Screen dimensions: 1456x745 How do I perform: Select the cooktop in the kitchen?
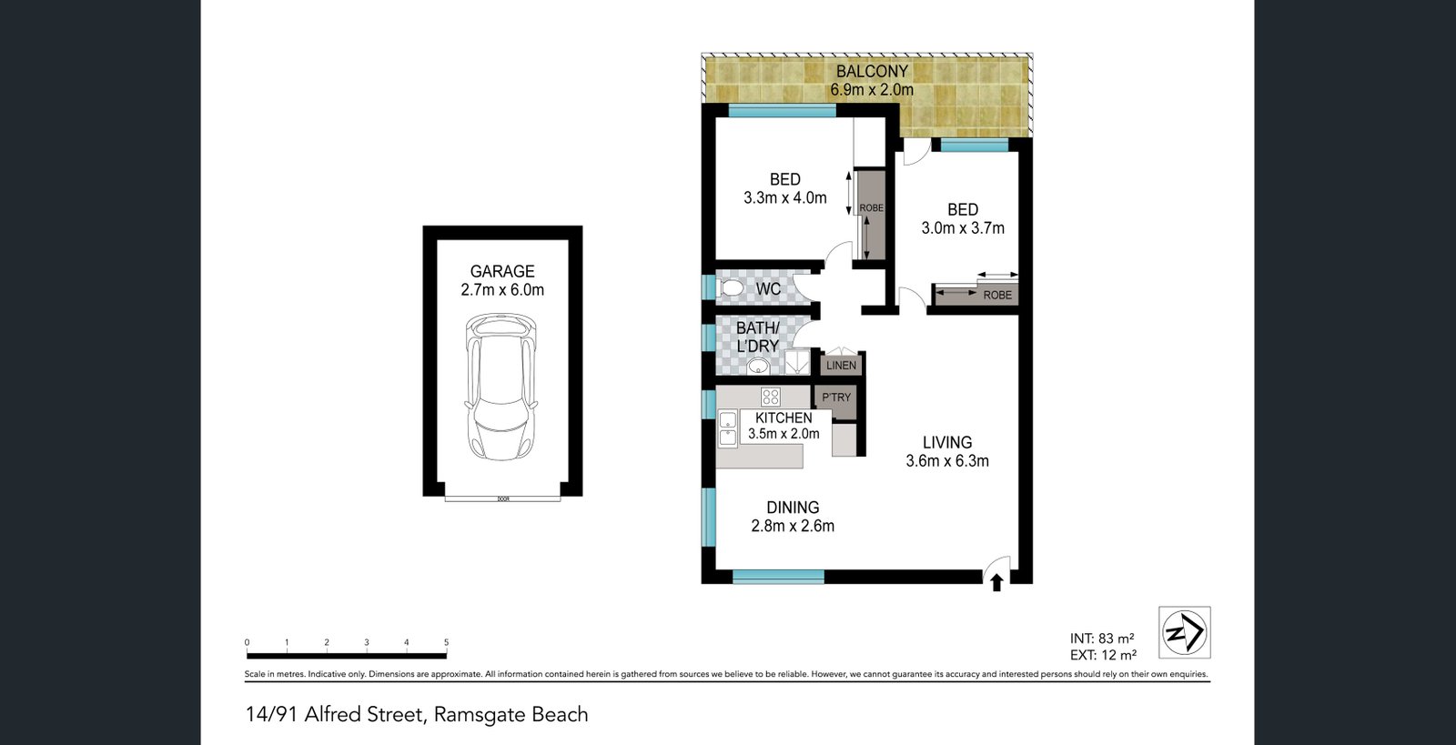pyautogui.click(x=771, y=397)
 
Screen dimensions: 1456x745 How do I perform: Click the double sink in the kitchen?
pyautogui.click(x=727, y=428)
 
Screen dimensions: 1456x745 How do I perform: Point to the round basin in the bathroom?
pyautogui.click(x=757, y=367)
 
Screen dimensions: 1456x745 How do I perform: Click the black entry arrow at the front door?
pyautogui.click(x=996, y=582)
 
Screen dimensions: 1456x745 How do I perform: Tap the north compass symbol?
pyautogui.click(x=1184, y=632)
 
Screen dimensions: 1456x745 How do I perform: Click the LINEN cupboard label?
pyautogui.click(x=841, y=366)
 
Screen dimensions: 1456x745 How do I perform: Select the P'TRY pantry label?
pyautogui.click(x=836, y=397)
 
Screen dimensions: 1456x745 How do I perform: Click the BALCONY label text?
pyautogui.click(x=872, y=72)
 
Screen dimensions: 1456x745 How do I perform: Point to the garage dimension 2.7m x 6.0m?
pyautogui.click(x=502, y=289)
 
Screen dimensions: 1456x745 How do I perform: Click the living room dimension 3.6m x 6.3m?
pyautogui.click(x=947, y=460)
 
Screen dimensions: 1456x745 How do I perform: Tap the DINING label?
pyautogui.click(x=793, y=508)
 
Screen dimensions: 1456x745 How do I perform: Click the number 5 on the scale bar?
pyautogui.click(x=447, y=642)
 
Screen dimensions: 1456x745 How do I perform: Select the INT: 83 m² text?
pyautogui.click(x=1102, y=639)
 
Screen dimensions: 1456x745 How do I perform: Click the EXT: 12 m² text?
pyautogui.click(x=1103, y=655)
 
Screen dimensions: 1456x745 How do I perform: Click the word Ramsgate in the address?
pyautogui.click(x=479, y=715)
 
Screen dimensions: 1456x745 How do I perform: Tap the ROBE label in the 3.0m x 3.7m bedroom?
pyautogui.click(x=997, y=296)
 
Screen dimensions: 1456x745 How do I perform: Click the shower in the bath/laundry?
pyautogui.click(x=797, y=362)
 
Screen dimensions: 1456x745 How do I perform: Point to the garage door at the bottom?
pyautogui.click(x=502, y=498)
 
